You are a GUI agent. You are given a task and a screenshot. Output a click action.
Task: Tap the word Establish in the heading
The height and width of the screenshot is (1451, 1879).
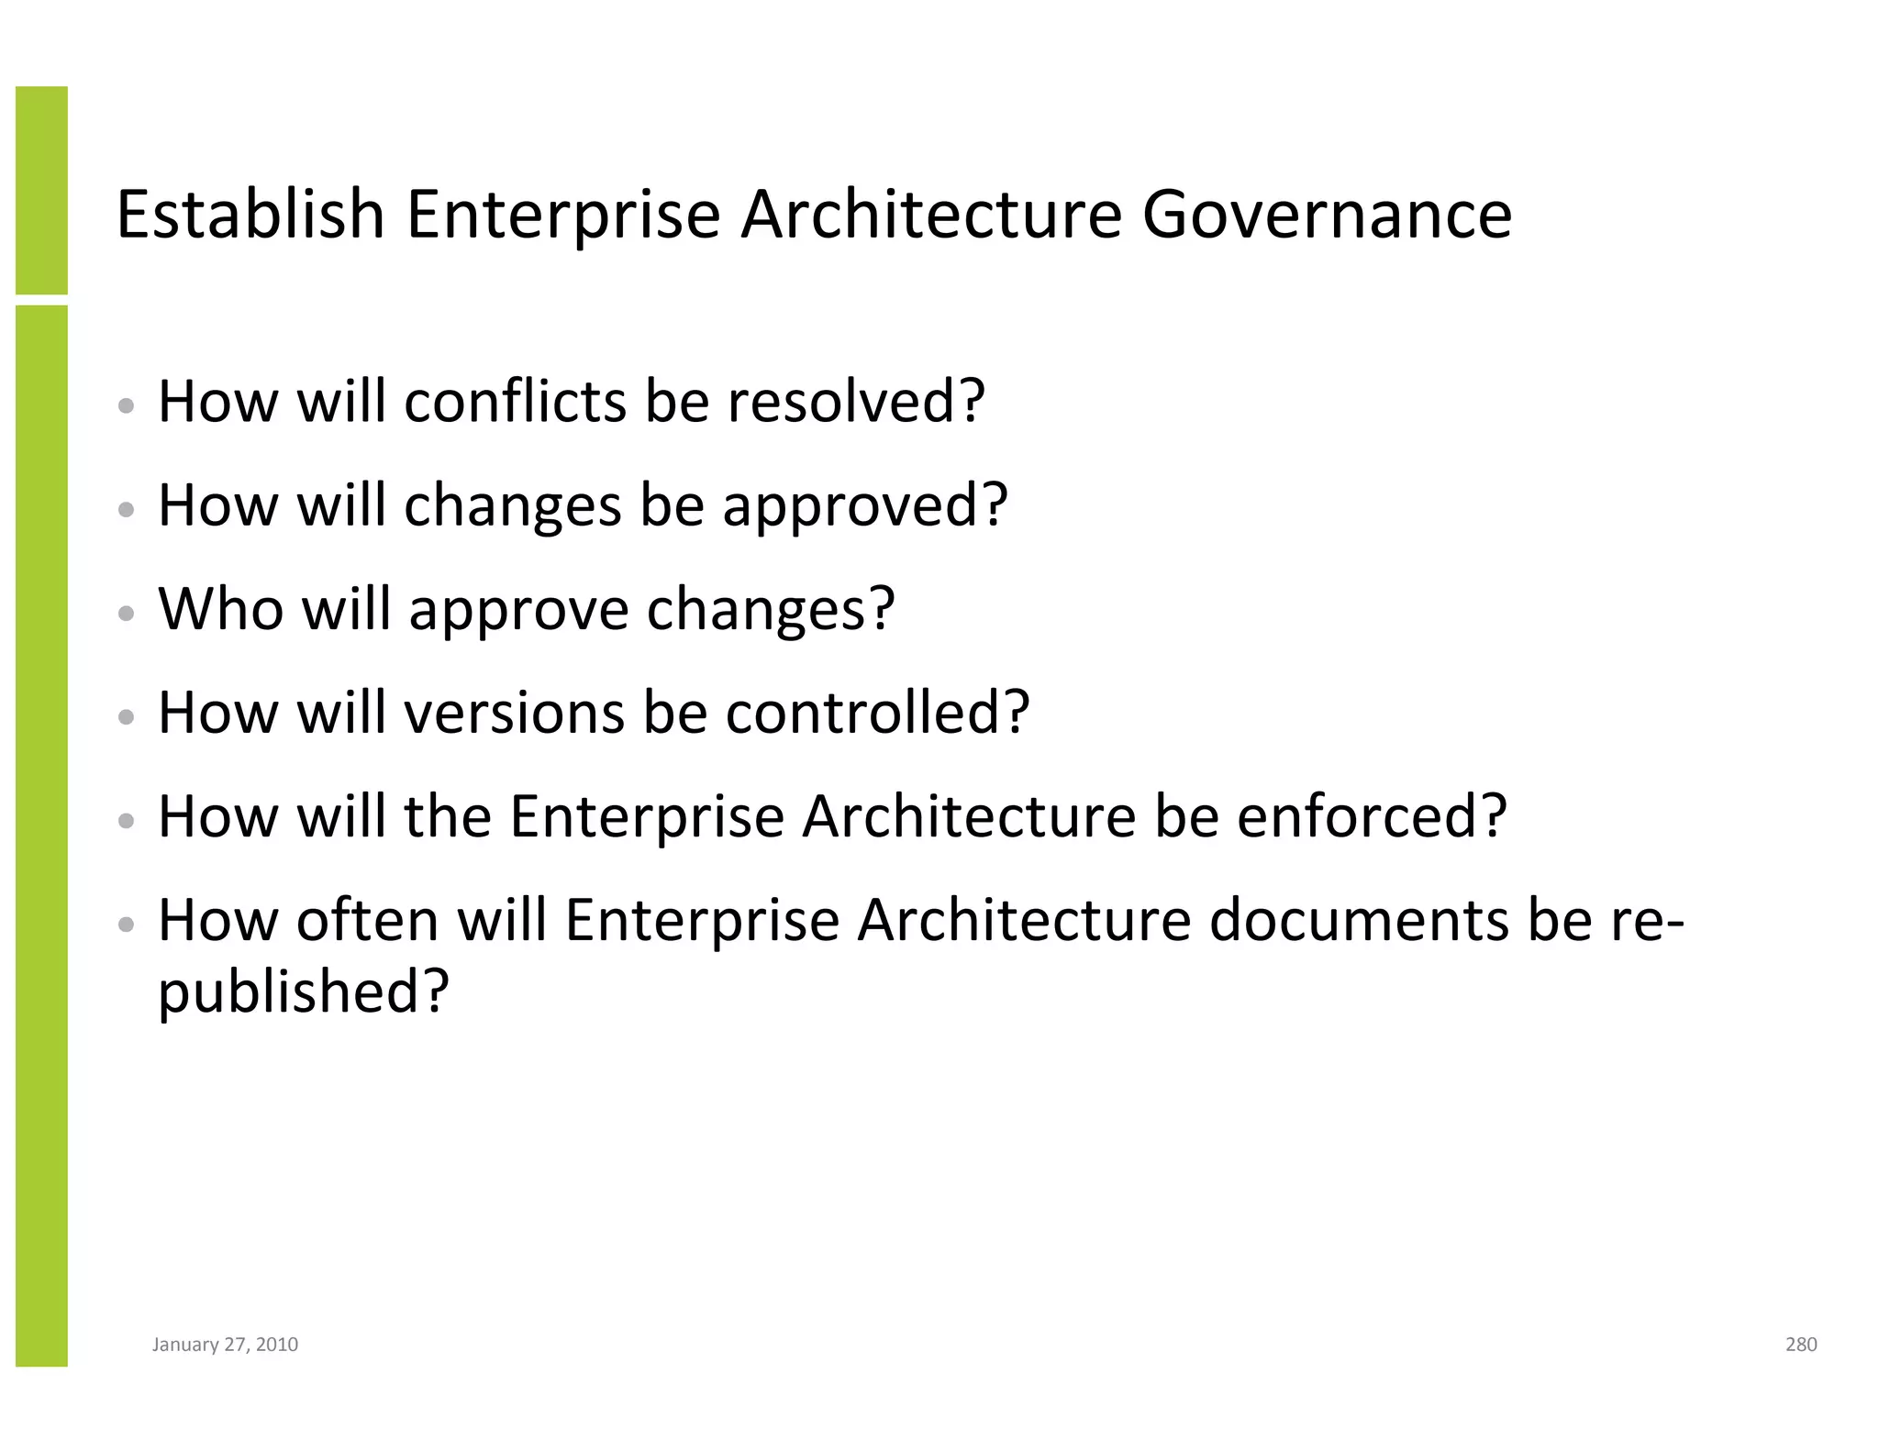pyautogui.click(x=250, y=216)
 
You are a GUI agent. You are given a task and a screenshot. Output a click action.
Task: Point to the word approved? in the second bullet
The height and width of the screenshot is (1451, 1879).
pyautogui.click(x=865, y=506)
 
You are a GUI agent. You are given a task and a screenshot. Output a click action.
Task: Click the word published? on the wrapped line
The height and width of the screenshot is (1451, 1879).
pyautogui.click(x=304, y=992)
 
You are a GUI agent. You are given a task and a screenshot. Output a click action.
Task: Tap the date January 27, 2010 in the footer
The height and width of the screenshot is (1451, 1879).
pyautogui.click(x=225, y=1345)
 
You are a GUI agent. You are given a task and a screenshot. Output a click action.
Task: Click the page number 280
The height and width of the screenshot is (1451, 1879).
pyautogui.click(x=1800, y=1345)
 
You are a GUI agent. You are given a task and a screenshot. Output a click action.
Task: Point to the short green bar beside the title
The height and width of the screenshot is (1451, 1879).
pyautogui.click(x=41, y=190)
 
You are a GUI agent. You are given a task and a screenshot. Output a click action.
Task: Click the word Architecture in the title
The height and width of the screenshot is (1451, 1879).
pyautogui.click(x=930, y=216)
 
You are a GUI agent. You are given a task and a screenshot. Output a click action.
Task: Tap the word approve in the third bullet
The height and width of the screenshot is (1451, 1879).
pyautogui.click(x=519, y=611)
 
